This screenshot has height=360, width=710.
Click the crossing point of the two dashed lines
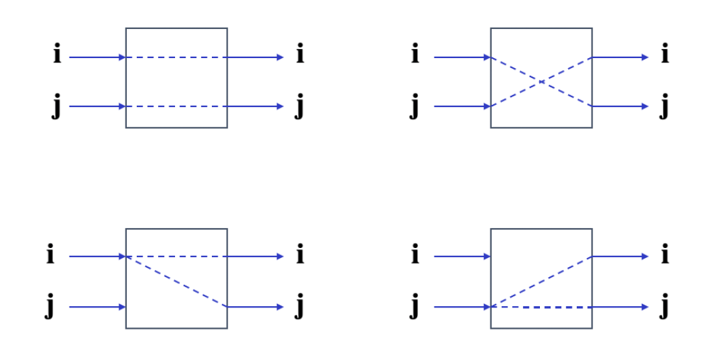click(x=541, y=82)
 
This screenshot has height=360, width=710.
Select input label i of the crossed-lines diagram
click(x=415, y=54)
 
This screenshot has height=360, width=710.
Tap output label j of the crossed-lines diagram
click(x=664, y=107)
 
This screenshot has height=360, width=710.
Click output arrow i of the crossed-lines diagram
click(x=620, y=57)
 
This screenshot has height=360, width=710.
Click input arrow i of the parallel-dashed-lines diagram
click(x=97, y=57)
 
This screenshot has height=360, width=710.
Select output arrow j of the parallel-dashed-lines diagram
click(x=255, y=106)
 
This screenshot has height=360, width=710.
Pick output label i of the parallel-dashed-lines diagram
click(x=300, y=54)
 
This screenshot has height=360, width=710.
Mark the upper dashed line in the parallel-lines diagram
click(x=176, y=57)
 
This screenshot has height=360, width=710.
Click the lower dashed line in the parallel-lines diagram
click(x=176, y=106)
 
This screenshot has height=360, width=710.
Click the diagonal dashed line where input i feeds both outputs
click(x=176, y=281)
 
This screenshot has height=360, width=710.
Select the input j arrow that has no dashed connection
click(x=97, y=307)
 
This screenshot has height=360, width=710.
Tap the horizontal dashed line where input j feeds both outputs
click(x=541, y=307)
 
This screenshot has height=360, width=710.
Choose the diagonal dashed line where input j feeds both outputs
click(x=541, y=281)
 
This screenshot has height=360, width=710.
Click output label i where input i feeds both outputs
click(x=300, y=254)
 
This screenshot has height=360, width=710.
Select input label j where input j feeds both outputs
click(x=415, y=308)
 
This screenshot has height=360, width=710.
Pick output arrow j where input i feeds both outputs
click(x=255, y=307)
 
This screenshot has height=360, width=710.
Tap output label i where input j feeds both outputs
click(x=664, y=254)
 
